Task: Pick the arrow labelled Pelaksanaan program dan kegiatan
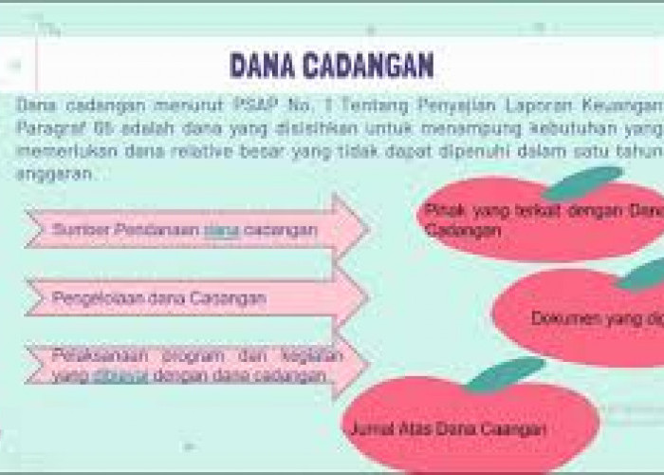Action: (190, 366)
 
